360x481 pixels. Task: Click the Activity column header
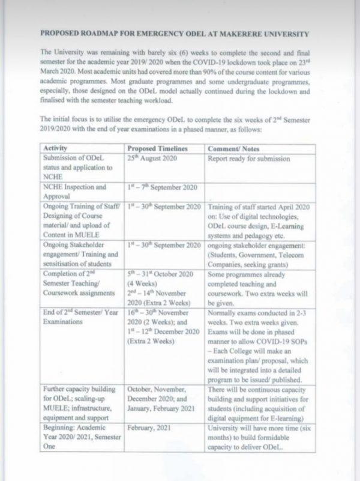tap(53, 149)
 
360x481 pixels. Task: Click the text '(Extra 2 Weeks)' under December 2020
tap(150, 342)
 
